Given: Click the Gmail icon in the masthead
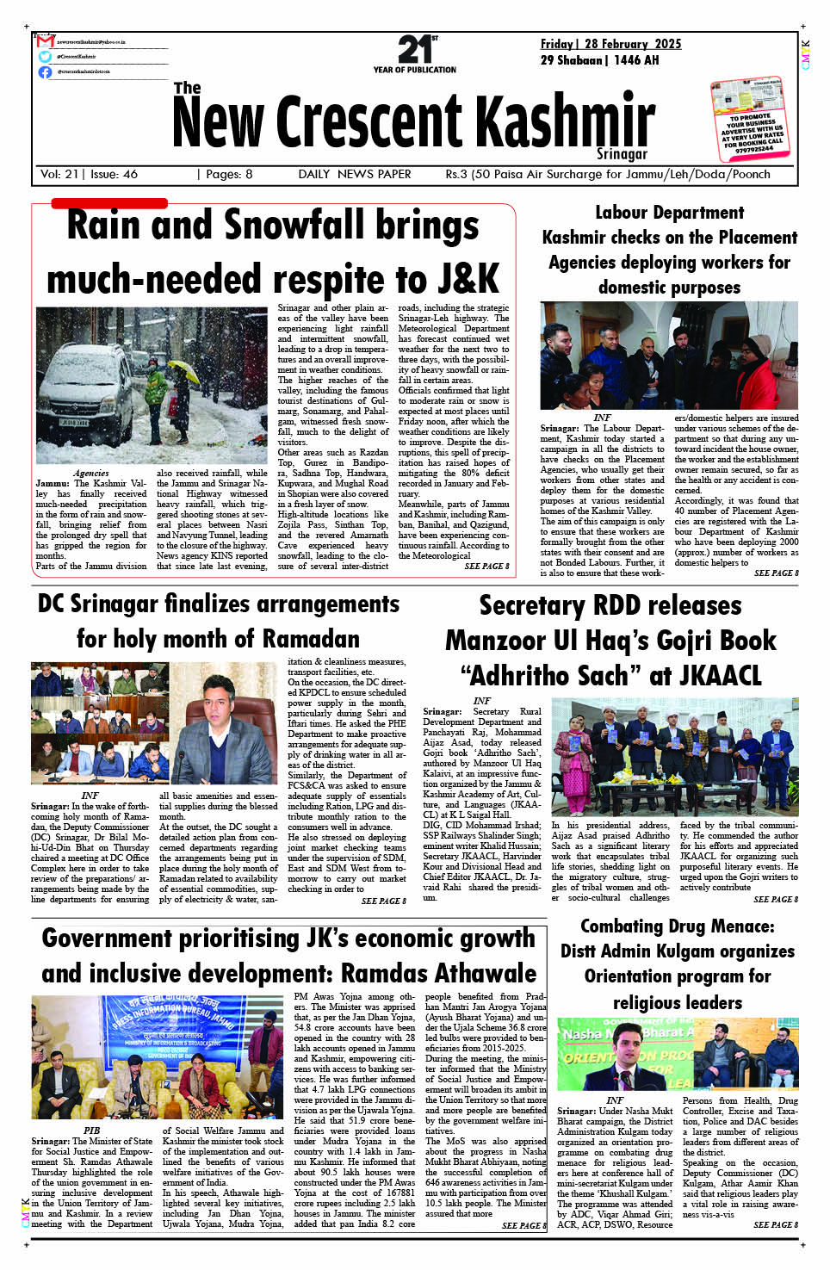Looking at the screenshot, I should point(46,41).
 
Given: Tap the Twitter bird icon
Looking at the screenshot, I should point(45,56).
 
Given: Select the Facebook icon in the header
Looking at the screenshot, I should point(45,71).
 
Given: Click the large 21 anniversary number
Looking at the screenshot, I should point(413,49).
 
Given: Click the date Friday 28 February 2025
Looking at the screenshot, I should point(610,44).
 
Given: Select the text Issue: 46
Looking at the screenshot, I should point(114,174).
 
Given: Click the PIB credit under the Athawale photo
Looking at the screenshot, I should point(91,1131).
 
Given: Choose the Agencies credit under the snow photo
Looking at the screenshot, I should point(90,473).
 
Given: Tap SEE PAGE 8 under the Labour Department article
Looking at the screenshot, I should point(776,573).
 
